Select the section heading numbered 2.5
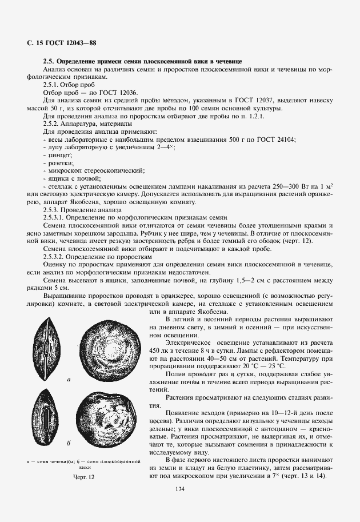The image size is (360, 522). tap(143, 60)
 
